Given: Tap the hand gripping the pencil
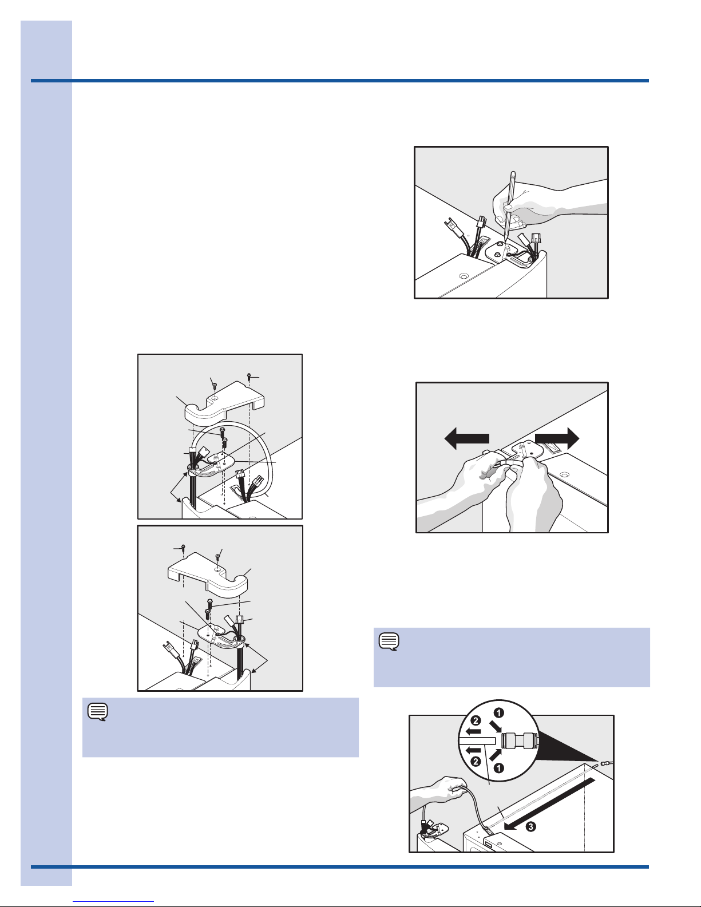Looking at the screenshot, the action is tap(542, 204).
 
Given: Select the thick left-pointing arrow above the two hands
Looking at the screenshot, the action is tap(466, 438).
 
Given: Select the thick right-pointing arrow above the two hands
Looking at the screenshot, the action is tap(557, 438).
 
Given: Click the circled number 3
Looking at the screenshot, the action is tap(530, 826).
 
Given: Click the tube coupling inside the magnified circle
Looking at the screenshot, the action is tap(520, 740).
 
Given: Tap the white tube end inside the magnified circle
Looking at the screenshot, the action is tap(477, 740).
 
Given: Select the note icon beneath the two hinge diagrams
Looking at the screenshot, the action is tap(98, 712).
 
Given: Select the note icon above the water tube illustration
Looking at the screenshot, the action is tap(389, 641).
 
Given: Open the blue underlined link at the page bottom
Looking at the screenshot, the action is tap(113, 901).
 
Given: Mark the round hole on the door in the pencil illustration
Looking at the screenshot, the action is tap(463, 276).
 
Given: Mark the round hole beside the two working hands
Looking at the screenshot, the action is tap(564, 474).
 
